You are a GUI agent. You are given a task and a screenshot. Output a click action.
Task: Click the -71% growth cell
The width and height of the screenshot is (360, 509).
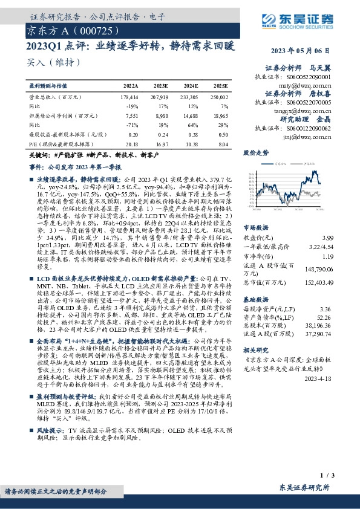[x=133, y=124]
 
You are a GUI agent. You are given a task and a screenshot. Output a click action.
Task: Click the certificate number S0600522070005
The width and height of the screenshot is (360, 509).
[x=309, y=103]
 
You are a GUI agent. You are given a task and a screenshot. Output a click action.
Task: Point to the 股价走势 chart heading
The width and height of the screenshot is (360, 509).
[x=255, y=154]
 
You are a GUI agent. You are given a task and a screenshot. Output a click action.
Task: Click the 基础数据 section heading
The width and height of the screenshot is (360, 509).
[x=255, y=299]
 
